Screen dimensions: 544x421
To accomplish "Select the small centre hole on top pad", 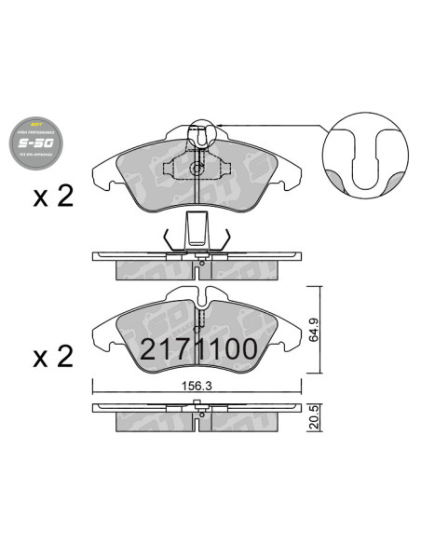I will click(x=197, y=169).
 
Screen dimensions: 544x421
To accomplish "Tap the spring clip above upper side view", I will click(x=197, y=234).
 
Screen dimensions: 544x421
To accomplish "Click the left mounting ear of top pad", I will click(x=104, y=170).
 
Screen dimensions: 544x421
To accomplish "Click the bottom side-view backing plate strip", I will click(x=200, y=408).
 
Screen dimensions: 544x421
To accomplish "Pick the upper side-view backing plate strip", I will click(x=200, y=254).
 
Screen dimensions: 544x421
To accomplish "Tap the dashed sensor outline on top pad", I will click(x=197, y=169).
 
